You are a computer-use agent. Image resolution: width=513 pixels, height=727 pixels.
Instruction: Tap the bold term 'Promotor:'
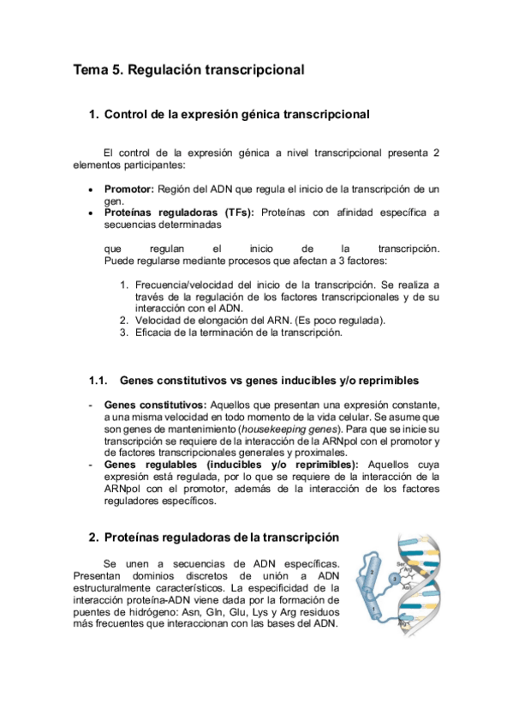(x=128, y=188)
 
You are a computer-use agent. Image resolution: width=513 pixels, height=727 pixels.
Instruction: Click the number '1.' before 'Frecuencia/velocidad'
(x=124, y=284)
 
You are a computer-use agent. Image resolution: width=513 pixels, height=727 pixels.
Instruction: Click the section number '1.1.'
(x=100, y=380)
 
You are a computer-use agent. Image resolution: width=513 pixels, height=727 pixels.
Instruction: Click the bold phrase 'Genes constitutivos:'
(x=154, y=404)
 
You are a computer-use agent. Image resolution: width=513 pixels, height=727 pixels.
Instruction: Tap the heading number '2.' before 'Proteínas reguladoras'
(x=94, y=538)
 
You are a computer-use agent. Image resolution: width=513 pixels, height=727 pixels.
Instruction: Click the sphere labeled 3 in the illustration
(x=393, y=580)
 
